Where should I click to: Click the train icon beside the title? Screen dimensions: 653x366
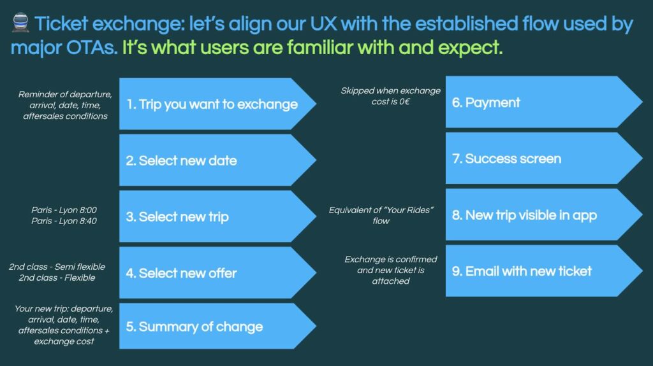pos(20,22)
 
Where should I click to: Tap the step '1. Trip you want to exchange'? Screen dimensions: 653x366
pos(217,104)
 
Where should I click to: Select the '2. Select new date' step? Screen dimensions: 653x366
pos(217,160)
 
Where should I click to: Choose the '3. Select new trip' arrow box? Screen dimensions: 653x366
pos(217,216)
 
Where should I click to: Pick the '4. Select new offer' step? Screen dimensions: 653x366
pos(217,273)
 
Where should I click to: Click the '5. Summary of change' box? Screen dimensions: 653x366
pos(217,326)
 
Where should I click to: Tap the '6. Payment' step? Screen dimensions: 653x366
pos(544,102)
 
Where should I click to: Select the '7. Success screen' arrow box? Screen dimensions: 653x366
pos(544,158)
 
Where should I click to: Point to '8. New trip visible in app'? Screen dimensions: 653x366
pos(544,215)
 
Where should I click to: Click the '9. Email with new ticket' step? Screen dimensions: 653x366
pos(544,271)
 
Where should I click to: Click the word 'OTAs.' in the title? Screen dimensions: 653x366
pos(92,48)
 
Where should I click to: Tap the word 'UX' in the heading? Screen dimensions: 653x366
pos(323,24)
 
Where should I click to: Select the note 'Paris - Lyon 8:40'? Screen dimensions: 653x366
pos(64,221)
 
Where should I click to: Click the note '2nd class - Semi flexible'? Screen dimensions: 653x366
pos(57,267)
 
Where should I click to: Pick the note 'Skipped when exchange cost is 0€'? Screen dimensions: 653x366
pos(391,96)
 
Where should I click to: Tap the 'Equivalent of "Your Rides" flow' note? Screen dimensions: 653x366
pos(381,215)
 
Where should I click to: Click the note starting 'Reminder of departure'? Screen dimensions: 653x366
pos(65,105)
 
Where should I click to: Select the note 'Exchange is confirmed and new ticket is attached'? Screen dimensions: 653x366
pos(391,270)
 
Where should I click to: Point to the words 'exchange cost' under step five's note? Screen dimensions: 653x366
pos(64,341)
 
